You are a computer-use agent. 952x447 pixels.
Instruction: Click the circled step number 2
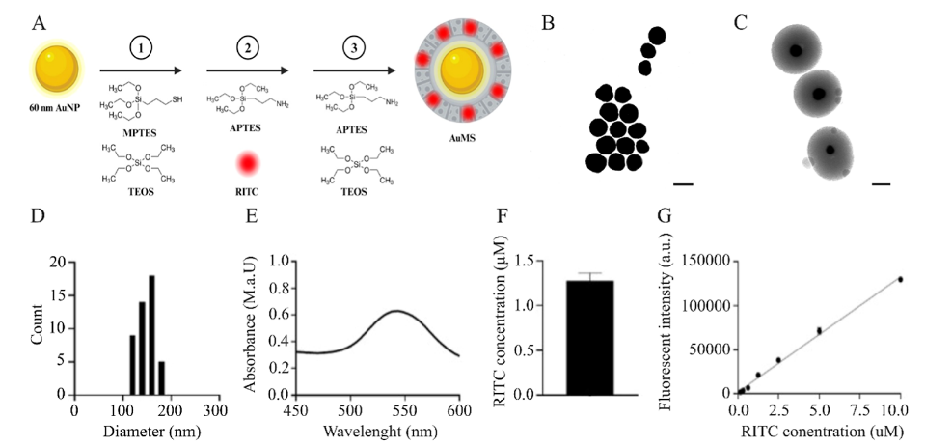[245, 46]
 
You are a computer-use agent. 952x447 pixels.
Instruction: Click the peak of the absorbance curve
[396, 311]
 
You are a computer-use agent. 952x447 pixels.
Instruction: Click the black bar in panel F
[591, 337]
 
